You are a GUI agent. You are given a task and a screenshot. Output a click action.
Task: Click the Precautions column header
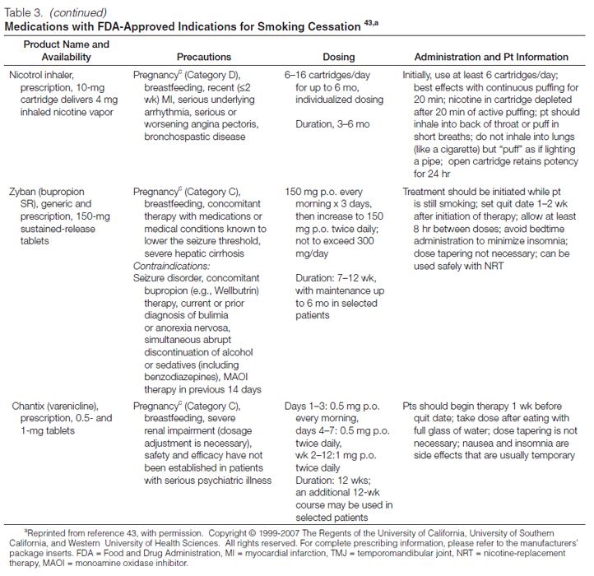207,57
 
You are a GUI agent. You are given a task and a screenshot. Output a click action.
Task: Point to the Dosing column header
338,57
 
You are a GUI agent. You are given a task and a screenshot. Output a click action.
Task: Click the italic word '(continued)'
75,12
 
